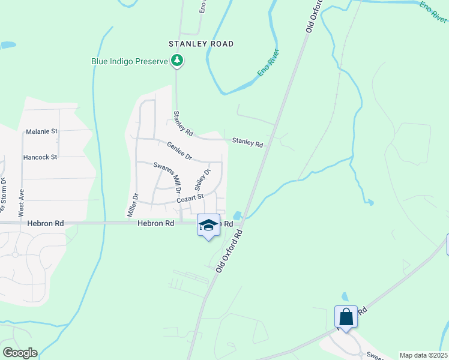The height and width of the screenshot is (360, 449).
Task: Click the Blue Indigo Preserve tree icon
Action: (177, 61)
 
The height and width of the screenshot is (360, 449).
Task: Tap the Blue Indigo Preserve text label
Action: (129, 61)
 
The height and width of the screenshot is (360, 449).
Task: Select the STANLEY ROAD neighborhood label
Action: (200, 44)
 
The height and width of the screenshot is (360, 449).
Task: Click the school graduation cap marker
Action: (208, 226)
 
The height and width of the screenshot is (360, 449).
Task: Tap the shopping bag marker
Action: (346, 316)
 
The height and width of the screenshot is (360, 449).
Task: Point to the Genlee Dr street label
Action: (179, 150)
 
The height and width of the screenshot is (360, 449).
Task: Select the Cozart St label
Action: (190, 197)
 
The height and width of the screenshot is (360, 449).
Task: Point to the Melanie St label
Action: (41, 131)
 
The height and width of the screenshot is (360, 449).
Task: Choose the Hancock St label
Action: (40, 157)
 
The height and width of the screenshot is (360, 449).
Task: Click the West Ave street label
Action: (21, 203)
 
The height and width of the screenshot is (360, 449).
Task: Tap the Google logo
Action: (19, 353)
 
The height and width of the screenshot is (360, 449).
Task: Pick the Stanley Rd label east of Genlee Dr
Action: (247, 143)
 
